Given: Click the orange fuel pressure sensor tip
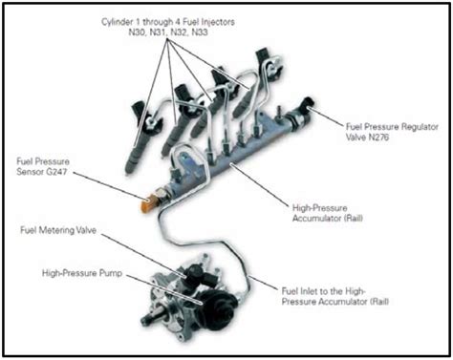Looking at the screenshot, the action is [146, 202].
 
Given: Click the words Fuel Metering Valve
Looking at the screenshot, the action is [58, 230].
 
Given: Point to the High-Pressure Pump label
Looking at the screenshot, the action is [82, 273].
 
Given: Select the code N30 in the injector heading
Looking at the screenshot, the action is [137, 32].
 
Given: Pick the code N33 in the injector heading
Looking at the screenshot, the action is [200, 32].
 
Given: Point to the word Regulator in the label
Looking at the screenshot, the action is [420, 127].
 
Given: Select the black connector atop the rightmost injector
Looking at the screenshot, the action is [263, 57].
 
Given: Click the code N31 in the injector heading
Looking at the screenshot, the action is [158, 32].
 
